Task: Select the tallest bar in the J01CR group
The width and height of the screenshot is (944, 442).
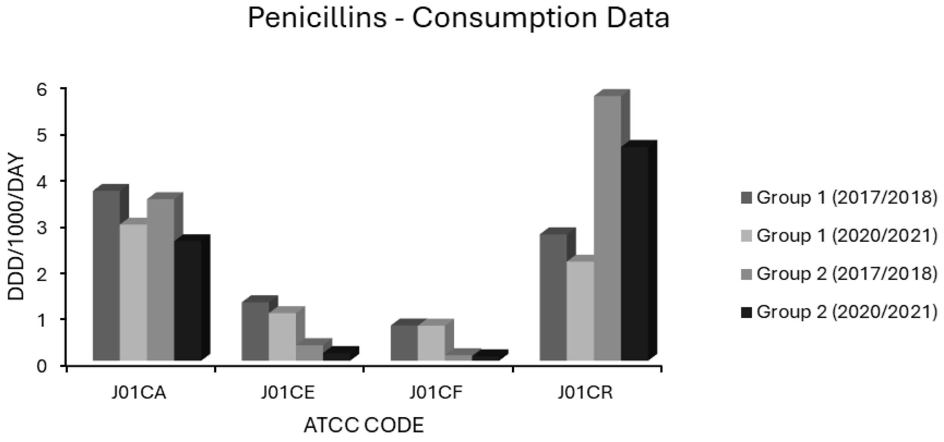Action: [x=607, y=227]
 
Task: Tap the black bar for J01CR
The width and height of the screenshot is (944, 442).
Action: [x=634, y=252]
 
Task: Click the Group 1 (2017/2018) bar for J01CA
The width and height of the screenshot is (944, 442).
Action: [x=106, y=275]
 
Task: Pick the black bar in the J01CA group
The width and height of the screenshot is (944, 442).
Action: [x=188, y=300]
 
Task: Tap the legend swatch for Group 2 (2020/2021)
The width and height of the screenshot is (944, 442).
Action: [x=746, y=312]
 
